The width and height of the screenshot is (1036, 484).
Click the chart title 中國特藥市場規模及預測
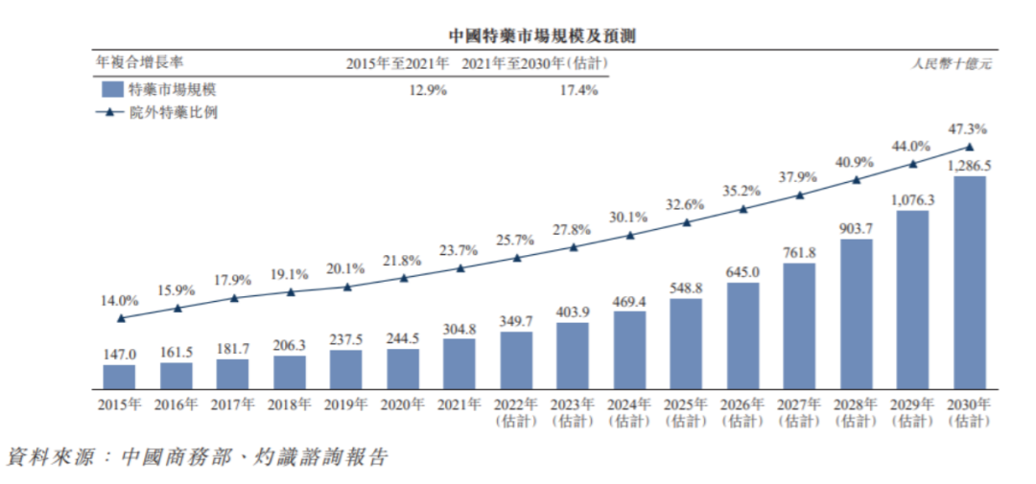point(517,35)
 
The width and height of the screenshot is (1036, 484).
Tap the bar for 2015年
point(120,377)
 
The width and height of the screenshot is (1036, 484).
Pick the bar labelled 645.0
point(742,335)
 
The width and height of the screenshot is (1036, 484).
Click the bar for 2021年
point(459,363)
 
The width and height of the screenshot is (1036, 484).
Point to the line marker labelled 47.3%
point(969,147)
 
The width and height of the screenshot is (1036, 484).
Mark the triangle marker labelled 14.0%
point(120,318)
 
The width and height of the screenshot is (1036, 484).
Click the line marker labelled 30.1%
point(629,235)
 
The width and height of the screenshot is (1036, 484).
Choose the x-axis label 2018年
point(290,404)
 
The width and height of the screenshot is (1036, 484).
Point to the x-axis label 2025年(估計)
point(686,412)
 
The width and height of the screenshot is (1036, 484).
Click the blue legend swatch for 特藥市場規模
point(110,90)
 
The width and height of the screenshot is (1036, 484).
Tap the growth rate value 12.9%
point(428,90)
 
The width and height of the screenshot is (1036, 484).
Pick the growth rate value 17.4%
point(577,90)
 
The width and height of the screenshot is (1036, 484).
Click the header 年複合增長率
point(140,63)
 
